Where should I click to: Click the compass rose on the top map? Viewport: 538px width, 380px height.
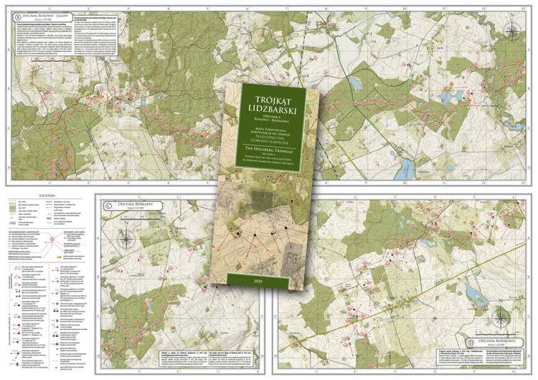coord(512,30)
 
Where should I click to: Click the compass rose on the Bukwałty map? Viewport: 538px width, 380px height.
coord(127,232)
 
